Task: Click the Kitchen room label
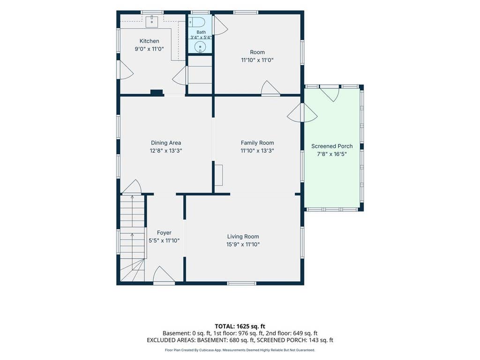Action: [x=150, y=41]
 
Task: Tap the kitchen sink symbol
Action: [x=151, y=22]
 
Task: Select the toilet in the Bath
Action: [x=196, y=22]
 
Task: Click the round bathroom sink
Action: [x=200, y=47]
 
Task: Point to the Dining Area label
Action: [x=166, y=142]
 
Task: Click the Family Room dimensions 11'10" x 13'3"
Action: [x=257, y=150]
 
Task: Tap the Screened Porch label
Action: [x=332, y=146]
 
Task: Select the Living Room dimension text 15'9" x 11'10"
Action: [x=243, y=244]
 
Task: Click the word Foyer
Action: [x=164, y=232]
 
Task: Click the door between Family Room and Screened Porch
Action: [x=302, y=113]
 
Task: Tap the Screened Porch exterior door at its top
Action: [x=330, y=93]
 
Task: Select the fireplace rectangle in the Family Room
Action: [x=218, y=175]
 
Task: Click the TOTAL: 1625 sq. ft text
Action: [x=240, y=326]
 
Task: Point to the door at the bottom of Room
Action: [x=270, y=89]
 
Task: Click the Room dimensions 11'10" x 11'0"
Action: [x=257, y=60]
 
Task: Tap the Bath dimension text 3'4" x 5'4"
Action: [x=201, y=37]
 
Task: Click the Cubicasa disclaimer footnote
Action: [x=240, y=350]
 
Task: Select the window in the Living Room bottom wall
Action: [x=241, y=284]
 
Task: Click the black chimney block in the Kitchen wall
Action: [x=157, y=92]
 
